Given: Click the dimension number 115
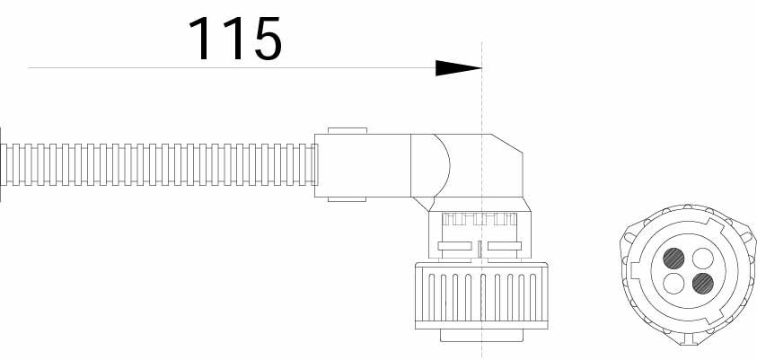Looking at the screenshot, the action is point(235,39).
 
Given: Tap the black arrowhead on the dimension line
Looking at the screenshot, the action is point(458,68).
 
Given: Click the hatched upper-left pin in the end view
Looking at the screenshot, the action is point(673,259).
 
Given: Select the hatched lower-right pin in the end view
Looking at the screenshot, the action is point(703,284).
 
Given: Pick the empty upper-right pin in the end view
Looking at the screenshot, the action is point(703,259).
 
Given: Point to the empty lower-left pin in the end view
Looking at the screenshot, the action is point(673,284).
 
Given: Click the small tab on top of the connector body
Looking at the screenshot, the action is point(348,131).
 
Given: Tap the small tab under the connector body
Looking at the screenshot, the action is point(348,199).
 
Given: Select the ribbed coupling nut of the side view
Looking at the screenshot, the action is point(481,296).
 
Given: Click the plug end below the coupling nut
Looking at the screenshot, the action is point(482,336).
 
